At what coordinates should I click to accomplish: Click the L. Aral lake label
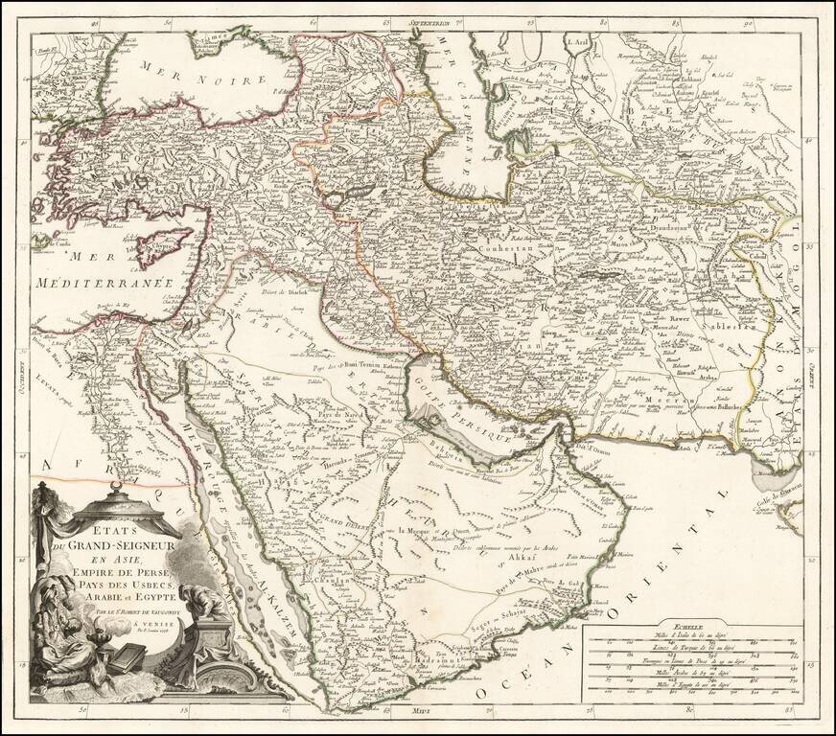579,41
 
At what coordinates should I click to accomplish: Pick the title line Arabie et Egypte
130,595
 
